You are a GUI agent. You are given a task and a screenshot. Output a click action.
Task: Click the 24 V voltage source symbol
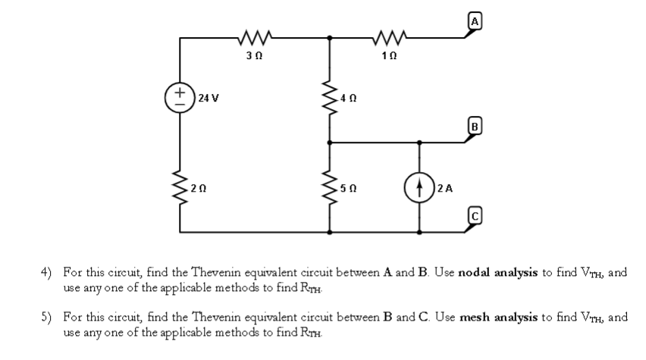pyautogui.click(x=180, y=98)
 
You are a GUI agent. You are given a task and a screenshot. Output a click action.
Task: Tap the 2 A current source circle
pyautogui.click(x=419, y=188)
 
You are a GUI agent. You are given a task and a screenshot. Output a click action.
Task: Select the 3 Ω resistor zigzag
pyautogui.click(x=255, y=37)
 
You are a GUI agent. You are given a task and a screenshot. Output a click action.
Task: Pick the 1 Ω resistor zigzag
pyautogui.click(x=390, y=37)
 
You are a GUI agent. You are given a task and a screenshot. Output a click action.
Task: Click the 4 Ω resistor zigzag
pyautogui.click(x=329, y=98)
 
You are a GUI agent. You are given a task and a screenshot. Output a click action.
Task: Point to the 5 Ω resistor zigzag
pyautogui.click(x=329, y=188)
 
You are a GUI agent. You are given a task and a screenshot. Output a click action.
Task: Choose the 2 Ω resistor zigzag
pyautogui.click(x=180, y=188)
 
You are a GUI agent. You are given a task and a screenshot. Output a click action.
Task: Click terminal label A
pyautogui.click(x=475, y=21)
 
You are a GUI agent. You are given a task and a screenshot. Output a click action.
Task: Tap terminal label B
pyautogui.click(x=475, y=127)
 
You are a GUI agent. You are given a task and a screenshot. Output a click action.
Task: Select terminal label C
pyautogui.click(x=475, y=216)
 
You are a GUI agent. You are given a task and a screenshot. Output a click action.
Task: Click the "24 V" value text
pyautogui.click(x=209, y=98)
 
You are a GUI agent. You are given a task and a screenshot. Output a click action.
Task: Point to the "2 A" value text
pyautogui.click(x=445, y=188)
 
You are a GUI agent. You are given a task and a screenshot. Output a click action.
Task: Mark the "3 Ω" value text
pyautogui.click(x=254, y=55)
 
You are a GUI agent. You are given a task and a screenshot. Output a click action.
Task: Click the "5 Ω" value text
pyautogui.click(x=349, y=188)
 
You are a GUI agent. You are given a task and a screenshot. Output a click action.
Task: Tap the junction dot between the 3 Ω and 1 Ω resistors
pyautogui.click(x=329, y=38)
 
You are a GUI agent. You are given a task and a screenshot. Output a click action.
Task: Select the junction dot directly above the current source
pyautogui.click(x=419, y=142)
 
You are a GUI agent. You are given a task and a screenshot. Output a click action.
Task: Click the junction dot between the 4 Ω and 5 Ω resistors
pyautogui.click(x=329, y=142)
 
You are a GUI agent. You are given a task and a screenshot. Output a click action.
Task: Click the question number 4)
pyautogui.click(x=46, y=272)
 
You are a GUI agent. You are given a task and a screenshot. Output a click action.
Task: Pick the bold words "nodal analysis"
pyautogui.click(x=497, y=272)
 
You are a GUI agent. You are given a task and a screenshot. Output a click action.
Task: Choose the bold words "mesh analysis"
pyautogui.click(x=498, y=317)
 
